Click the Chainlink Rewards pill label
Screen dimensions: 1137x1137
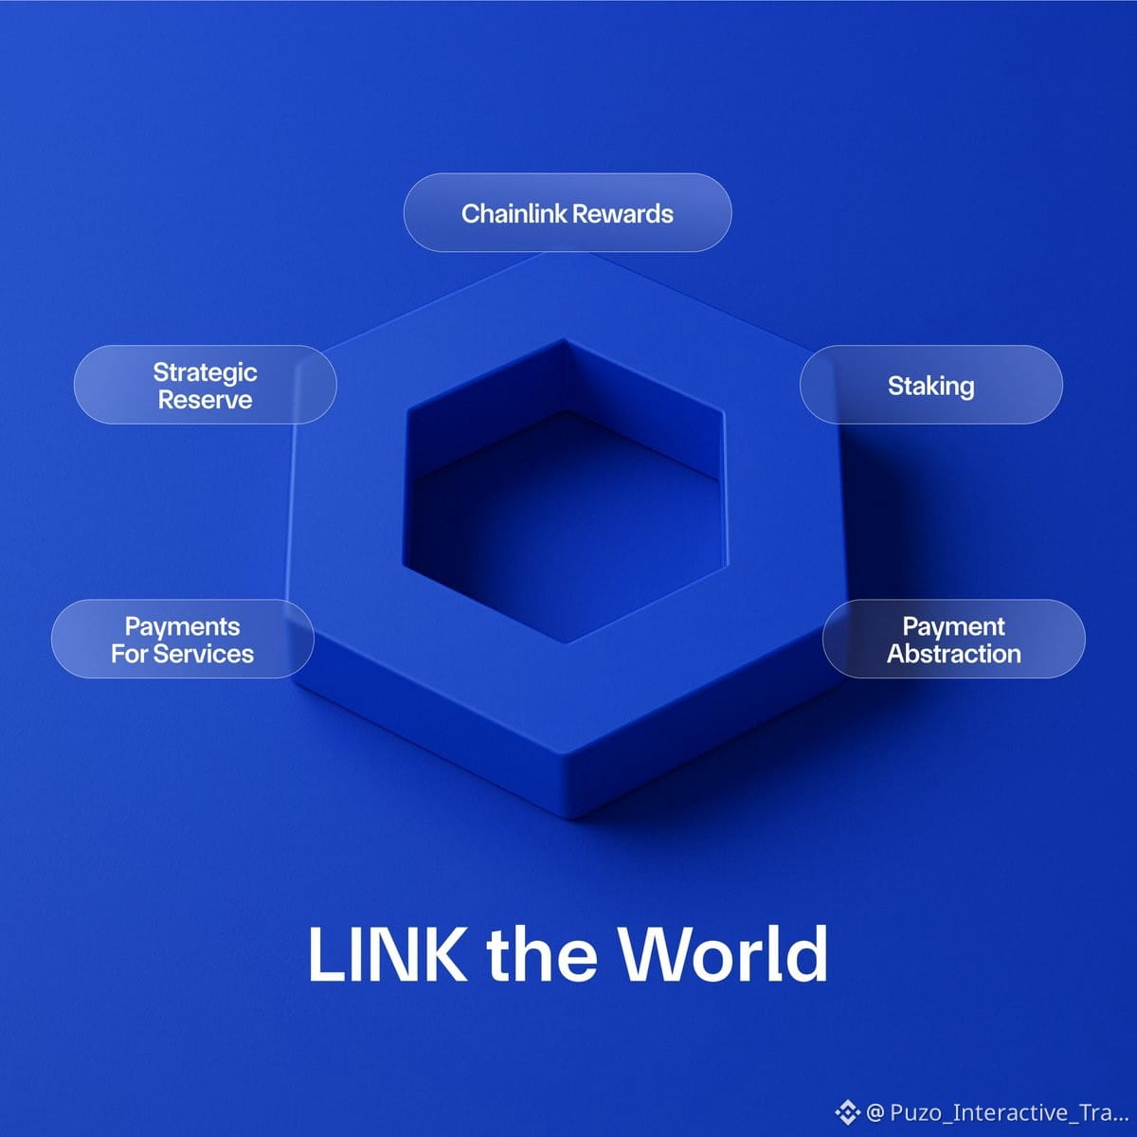(567, 212)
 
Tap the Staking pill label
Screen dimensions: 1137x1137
(931, 385)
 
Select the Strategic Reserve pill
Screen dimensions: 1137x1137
(206, 385)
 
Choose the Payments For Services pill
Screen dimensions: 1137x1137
(182, 639)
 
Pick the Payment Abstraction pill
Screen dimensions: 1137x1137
(953, 639)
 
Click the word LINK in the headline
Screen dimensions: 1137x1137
(388, 954)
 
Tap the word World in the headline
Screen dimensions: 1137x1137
(723, 954)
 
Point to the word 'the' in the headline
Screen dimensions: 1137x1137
(542, 954)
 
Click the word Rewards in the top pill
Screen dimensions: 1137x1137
(623, 213)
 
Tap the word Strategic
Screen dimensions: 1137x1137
(206, 373)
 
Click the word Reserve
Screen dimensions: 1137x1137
(206, 400)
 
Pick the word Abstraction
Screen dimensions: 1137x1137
(954, 654)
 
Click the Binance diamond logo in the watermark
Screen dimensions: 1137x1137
(847, 1112)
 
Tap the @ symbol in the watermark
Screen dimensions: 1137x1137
(875, 1112)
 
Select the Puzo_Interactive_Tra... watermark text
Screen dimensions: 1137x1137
(1009, 1112)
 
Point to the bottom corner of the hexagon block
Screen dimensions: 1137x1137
(570, 819)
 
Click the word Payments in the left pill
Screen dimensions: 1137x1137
(182, 627)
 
